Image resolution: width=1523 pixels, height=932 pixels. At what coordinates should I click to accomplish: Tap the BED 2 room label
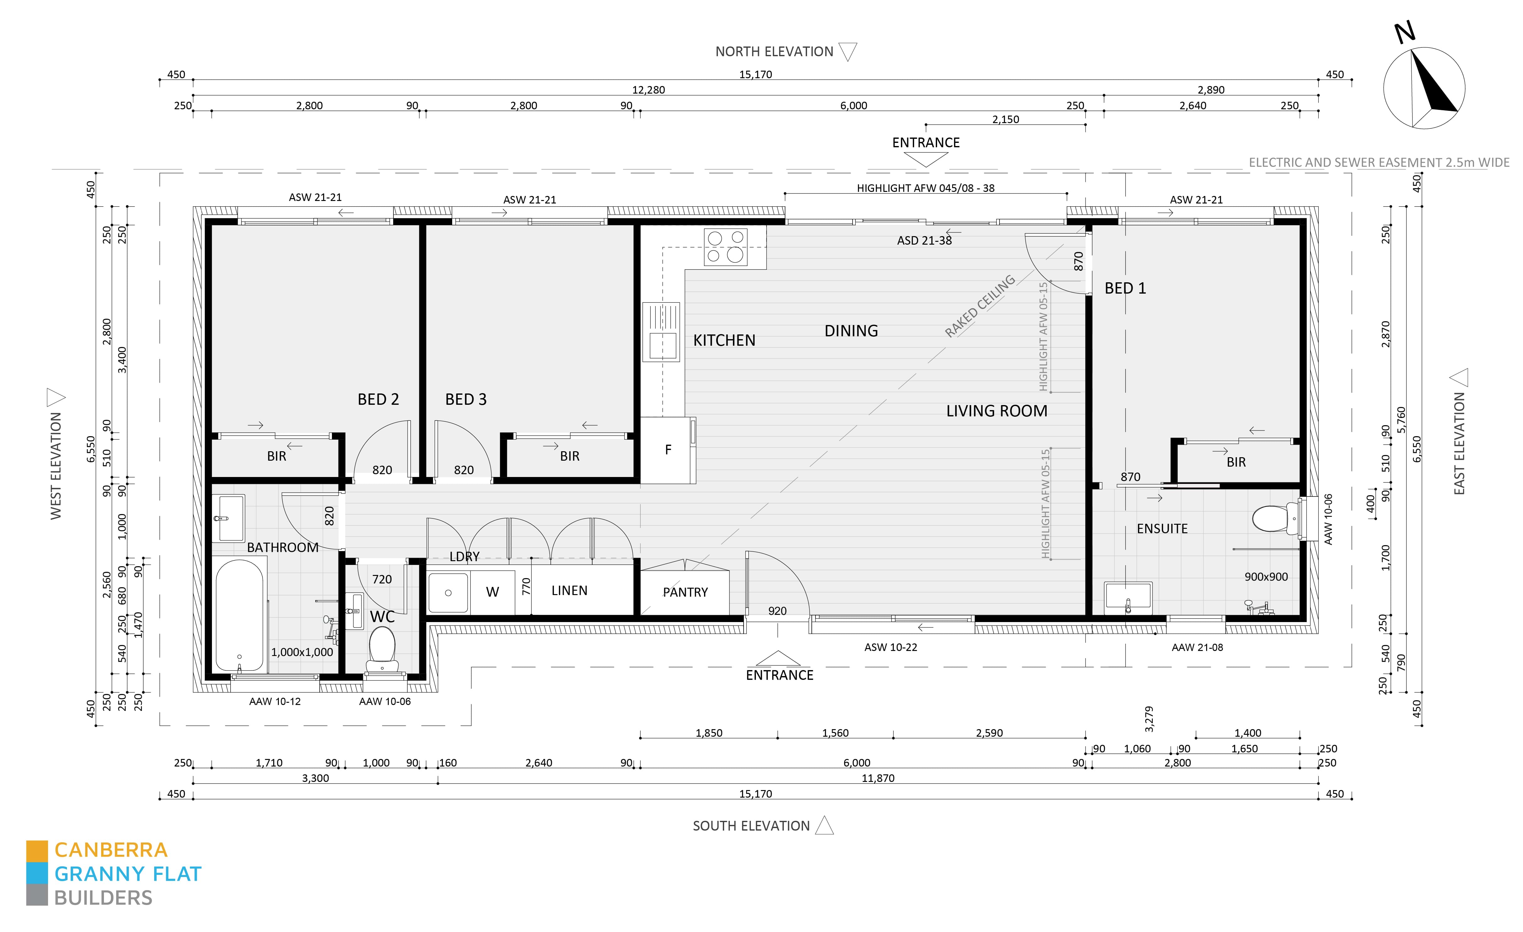pyautogui.click(x=378, y=399)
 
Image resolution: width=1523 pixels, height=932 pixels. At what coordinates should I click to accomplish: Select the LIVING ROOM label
pyautogui.click(x=996, y=411)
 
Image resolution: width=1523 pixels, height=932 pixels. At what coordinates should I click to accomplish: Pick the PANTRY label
pyautogui.click(x=685, y=592)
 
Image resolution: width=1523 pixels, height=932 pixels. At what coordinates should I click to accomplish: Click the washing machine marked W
pyautogui.click(x=492, y=592)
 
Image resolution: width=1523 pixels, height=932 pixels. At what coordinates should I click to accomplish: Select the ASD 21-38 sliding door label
pyautogui.click(x=924, y=241)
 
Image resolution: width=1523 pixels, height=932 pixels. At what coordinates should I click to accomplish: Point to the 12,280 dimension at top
pyautogui.click(x=648, y=89)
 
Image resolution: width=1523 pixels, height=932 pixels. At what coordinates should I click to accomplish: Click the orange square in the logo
pyautogui.click(x=36, y=850)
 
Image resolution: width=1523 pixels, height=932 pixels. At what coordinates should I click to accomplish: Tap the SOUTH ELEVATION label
pyautogui.click(x=751, y=826)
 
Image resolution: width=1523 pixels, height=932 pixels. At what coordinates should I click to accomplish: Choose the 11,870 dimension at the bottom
pyautogui.click(x=878, y=778)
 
